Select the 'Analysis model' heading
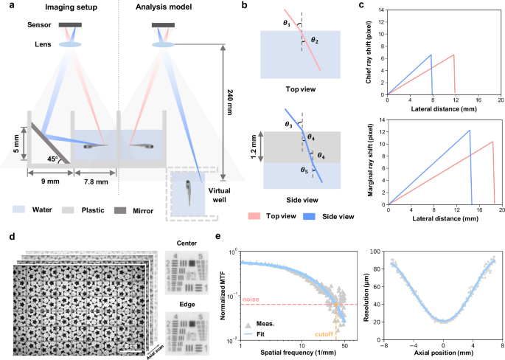(x=164, y=8)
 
